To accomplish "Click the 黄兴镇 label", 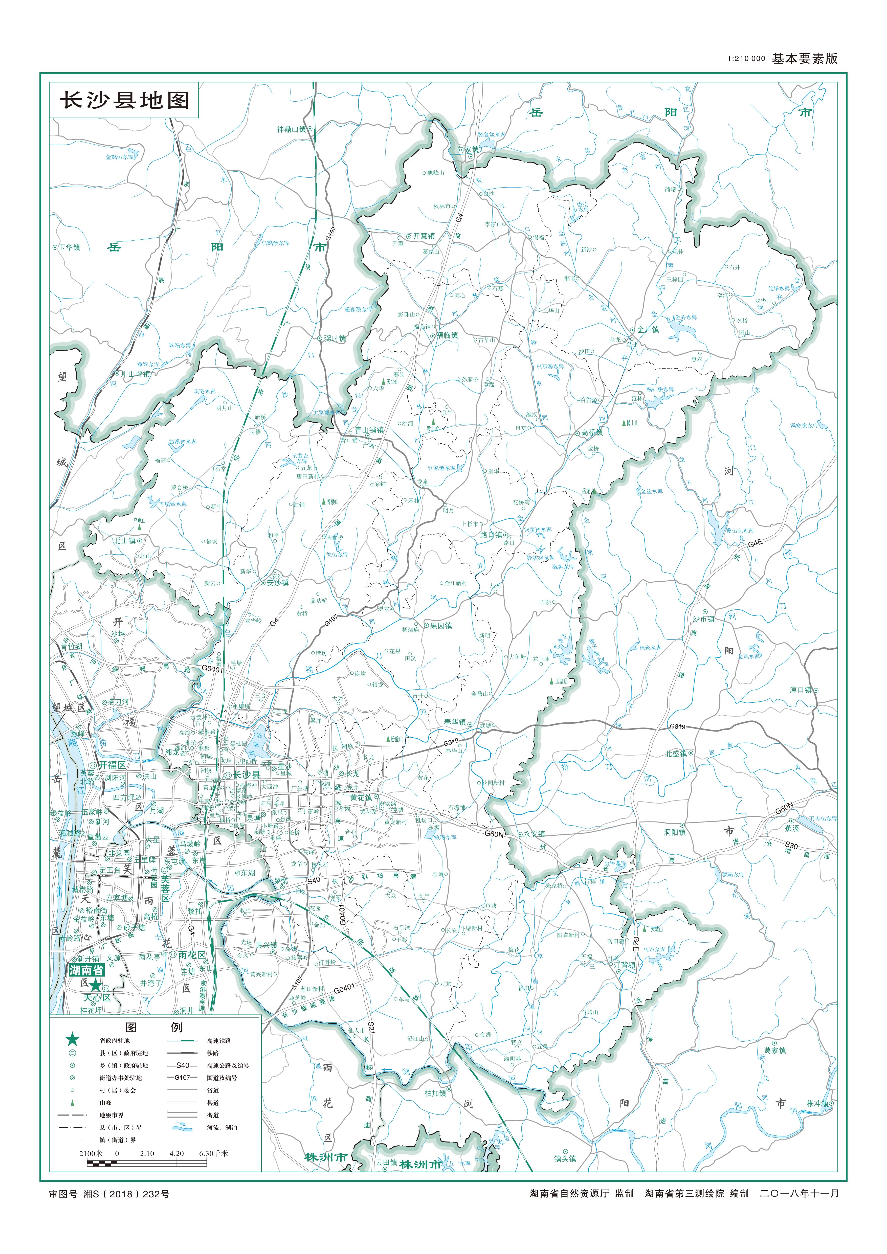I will [x=266, y=945].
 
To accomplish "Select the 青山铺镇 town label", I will [x=369, y=430].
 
